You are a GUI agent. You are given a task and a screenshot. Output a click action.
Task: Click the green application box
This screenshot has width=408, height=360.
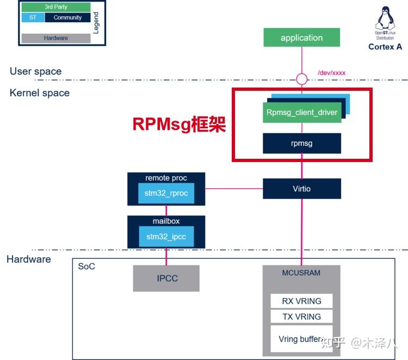pos(301,38)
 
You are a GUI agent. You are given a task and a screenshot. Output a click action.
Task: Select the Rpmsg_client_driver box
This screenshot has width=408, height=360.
pos(302,113)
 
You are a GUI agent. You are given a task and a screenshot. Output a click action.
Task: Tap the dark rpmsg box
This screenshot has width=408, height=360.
pos(302,144)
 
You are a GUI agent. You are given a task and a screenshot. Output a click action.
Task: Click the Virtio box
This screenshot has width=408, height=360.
pos(302,188)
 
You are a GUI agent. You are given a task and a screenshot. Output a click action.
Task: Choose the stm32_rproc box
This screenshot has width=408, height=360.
pos(166,193)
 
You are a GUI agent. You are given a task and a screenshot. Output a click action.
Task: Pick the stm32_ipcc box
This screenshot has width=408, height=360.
pos(166,236)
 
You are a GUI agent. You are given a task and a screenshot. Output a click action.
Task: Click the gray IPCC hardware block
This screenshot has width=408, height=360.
pos(166,278)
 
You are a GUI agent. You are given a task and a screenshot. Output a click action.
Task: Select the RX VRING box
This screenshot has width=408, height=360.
pos(301,301)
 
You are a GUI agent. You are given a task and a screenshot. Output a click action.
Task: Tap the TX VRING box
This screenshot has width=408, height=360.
pos(301,316)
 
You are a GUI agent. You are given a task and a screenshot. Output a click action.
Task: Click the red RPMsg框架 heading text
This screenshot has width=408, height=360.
pos(179,124)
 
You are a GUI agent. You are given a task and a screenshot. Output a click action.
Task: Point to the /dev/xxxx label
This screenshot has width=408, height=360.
pos(331,72)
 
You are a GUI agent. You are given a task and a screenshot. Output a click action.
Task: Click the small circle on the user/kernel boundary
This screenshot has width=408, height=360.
pos(301,79)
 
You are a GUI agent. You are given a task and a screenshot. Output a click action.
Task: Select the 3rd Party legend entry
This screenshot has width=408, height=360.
pos(56,7)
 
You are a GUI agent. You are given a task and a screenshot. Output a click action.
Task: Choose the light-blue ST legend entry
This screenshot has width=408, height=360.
pos(33,17)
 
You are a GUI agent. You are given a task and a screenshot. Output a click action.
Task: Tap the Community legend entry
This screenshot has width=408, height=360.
pos(67,17)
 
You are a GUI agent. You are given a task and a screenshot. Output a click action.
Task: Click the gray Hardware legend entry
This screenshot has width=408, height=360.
pos(56,38)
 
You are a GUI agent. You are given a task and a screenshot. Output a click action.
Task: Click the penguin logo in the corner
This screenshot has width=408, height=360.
pos(385,20)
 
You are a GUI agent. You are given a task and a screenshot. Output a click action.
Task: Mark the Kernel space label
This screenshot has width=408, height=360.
pos(40,93)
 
